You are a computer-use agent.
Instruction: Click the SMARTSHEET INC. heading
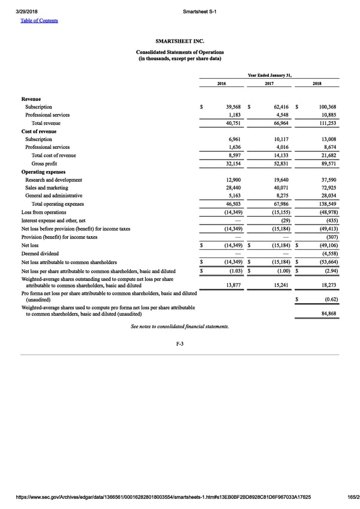click(179, 41)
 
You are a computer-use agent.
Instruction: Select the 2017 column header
click(269, 83)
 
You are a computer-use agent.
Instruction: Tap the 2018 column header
click(317, 83)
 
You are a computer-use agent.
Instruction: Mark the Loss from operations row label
click(44, 212)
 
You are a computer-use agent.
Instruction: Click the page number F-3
click(179, 343)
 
